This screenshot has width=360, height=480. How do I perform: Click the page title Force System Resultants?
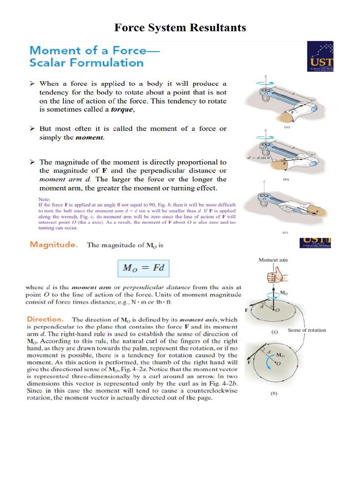180,28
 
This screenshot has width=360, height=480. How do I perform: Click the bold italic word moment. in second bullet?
90,138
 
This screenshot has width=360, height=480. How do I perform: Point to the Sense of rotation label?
307,330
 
